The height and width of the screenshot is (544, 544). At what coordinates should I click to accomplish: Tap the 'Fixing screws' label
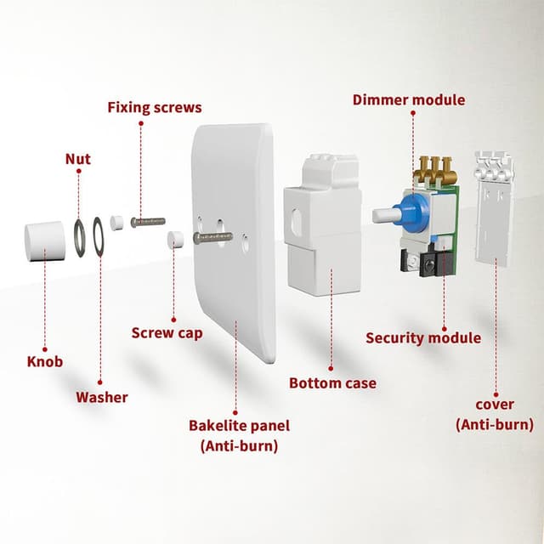(x=154, y=108)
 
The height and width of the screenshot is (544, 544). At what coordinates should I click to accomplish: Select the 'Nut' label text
(x=78, y=159)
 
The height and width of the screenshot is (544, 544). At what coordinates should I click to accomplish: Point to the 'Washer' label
(x=102, y=397)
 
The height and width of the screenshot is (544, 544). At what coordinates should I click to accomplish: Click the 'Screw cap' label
(x=167, y=332)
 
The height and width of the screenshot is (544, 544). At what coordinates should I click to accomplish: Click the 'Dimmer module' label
(x=409, y=100)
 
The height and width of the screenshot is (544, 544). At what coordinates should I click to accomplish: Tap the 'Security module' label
(x=423, y=337)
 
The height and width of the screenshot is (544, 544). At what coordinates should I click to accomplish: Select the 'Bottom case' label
(x=332, y=383)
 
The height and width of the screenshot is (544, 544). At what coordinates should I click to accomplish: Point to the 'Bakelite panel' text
(x=239, y=425)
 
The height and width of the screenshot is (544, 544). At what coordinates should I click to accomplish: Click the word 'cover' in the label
(x=495, y=405)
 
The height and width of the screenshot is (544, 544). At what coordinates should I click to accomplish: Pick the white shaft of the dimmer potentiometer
(x=382, y=216)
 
